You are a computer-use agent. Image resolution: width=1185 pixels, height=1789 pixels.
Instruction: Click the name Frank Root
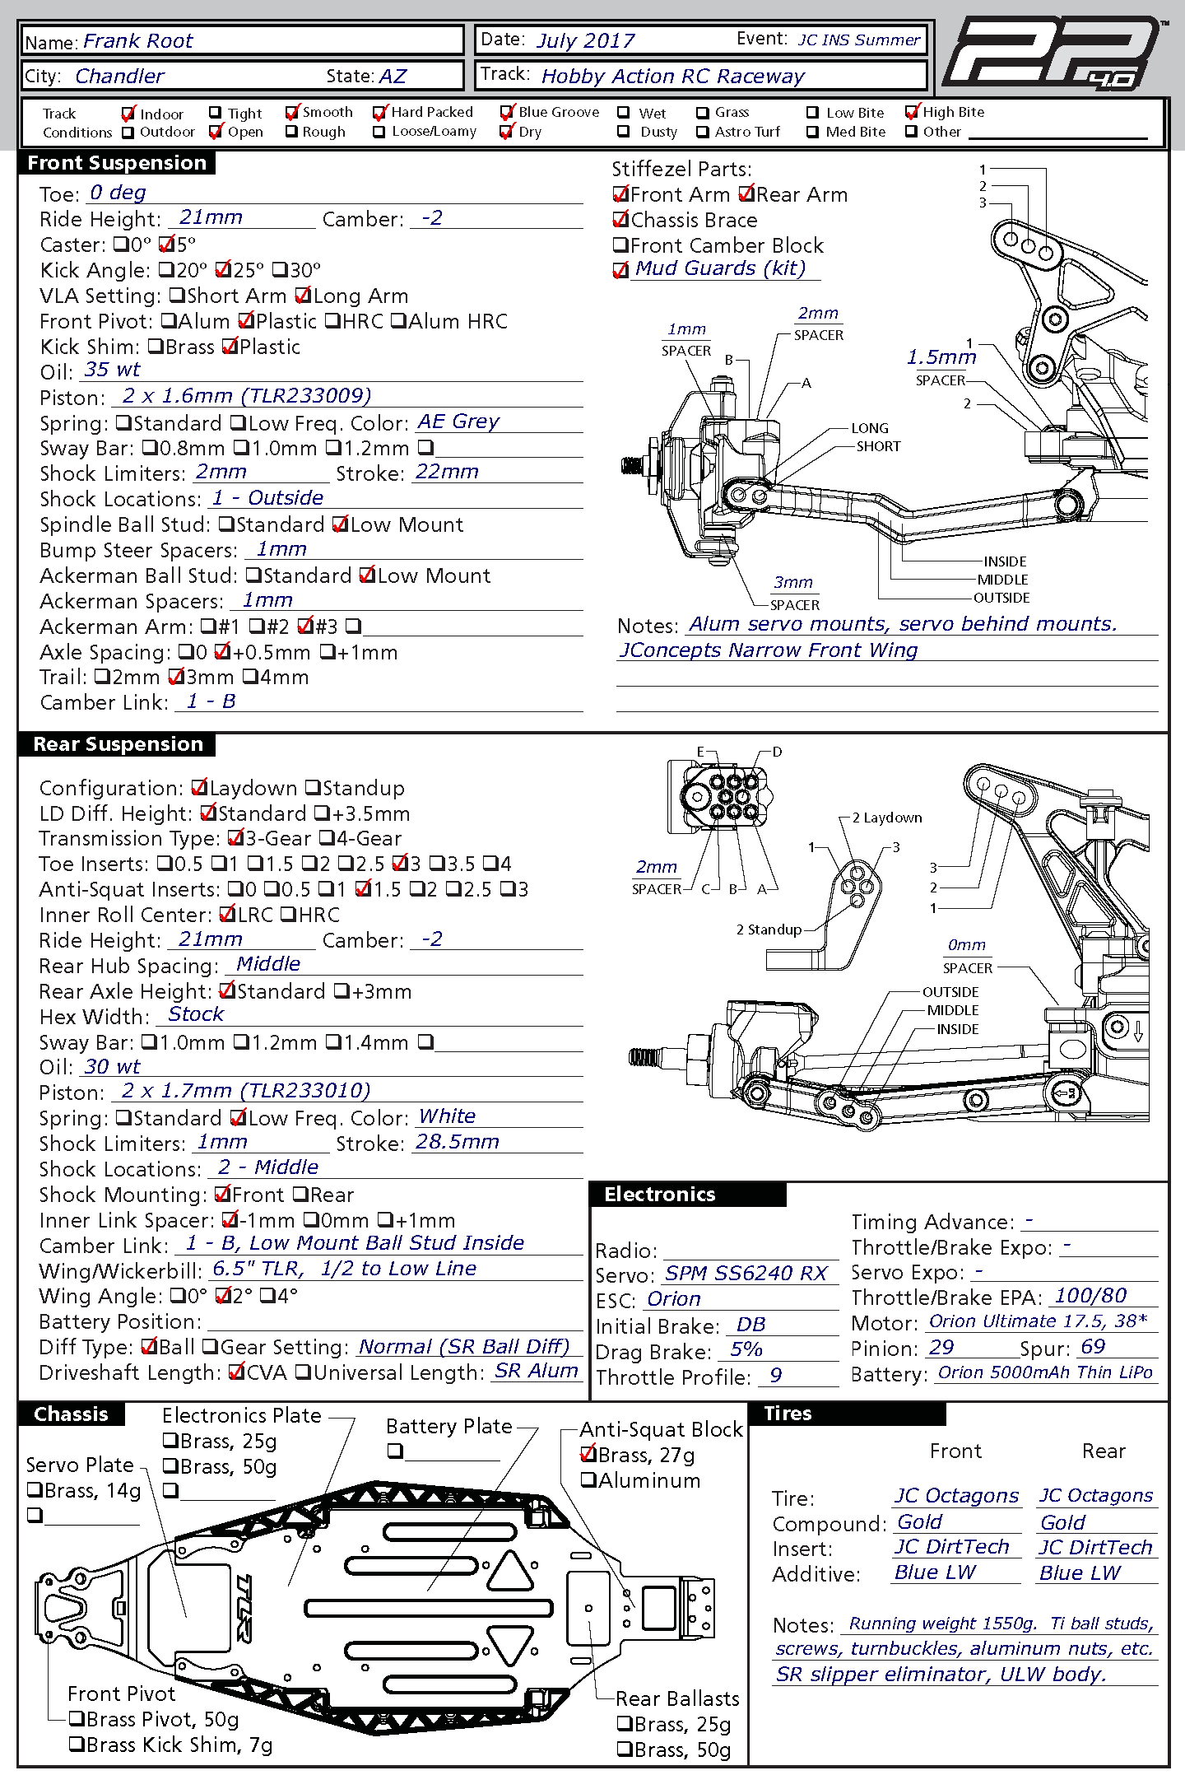point(137,41)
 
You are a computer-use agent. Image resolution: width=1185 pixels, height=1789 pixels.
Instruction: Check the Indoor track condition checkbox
point(128,114)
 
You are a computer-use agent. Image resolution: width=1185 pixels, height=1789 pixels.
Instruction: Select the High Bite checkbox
point(911,112)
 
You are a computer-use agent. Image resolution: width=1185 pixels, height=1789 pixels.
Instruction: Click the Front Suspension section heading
point(117,163)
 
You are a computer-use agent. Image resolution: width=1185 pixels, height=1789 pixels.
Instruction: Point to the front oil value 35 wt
point(112,370)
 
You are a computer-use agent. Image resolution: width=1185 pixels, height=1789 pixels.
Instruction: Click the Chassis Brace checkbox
point(621,220)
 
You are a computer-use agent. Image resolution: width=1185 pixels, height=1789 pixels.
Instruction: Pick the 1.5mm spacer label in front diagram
point(941,357)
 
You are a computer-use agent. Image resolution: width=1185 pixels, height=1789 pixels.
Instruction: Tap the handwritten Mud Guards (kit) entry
point(720,268)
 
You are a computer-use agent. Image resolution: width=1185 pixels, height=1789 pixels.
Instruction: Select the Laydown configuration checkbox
point(199,788)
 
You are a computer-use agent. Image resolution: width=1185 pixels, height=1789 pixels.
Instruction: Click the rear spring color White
point(447,1116)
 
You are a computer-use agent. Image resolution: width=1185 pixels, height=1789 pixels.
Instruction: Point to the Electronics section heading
point(660,1195)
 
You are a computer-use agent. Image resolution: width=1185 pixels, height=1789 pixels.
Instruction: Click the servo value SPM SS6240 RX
point(746,1274)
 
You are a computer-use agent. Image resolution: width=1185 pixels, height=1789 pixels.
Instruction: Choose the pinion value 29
point(941,1348)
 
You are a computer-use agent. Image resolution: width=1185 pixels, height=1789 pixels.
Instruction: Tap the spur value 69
point(1093,1347)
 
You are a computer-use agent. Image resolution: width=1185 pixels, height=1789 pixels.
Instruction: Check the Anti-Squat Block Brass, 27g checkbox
point(588,1455)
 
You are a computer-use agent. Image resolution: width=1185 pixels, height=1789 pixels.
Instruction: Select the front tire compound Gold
point(920,1522)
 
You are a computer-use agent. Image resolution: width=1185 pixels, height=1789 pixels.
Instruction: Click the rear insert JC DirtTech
point(1095,1548)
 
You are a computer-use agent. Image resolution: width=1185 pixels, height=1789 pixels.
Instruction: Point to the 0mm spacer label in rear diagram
point(966,945)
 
